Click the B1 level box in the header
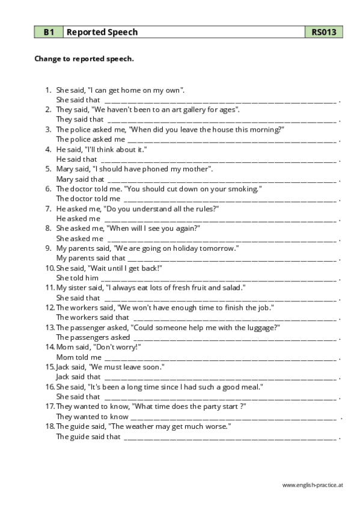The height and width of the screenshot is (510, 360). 48,32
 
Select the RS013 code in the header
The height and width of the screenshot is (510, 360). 323,32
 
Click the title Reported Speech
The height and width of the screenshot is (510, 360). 102,32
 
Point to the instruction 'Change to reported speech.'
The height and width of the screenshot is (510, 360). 84,59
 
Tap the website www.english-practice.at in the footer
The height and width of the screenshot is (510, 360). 312,484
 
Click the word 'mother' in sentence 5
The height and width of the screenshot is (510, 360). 197,169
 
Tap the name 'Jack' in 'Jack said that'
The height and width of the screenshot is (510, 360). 63,376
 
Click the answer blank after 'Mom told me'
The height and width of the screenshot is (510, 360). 221,357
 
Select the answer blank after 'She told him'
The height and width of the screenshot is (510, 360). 219,278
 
